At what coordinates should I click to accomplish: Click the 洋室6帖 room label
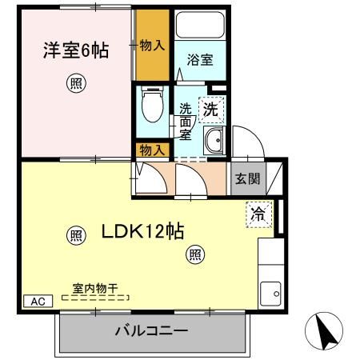click(75, 51)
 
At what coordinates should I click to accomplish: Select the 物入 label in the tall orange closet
click(152, 46)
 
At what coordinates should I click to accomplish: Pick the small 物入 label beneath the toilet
click(152, 150)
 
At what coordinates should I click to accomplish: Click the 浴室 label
click(199, 60)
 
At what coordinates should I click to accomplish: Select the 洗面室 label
click(186, 122)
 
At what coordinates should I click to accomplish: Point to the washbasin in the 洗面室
click(214, 143)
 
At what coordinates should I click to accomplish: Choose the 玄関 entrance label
click(246, 178)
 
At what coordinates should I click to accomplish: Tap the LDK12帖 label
click(143, 232)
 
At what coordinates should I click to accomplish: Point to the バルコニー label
click(151, 330)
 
